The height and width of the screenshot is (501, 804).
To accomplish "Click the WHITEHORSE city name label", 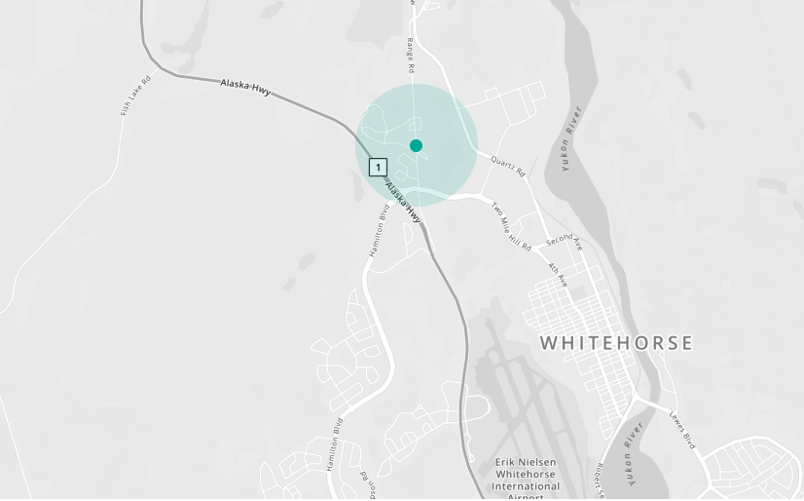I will [616, 343].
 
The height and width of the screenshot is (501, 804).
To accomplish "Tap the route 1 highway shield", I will [378, 167].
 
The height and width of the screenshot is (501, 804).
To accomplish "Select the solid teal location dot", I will [416, 145].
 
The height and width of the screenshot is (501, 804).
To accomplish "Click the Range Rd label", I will [411, 57].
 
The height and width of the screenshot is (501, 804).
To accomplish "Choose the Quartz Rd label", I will [508, 167].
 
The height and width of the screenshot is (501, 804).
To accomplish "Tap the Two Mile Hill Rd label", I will [511, 227].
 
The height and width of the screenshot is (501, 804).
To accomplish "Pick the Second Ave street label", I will [564, 241].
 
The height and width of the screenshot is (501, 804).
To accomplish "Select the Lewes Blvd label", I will [682, 430].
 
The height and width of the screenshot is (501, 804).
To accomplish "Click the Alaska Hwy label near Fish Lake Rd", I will [245, 88].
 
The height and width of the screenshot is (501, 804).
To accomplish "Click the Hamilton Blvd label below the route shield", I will [379, 231].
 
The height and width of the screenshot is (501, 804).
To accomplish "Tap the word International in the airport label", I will [527, 486].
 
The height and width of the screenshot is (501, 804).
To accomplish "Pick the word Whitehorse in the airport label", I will [527, 474].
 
